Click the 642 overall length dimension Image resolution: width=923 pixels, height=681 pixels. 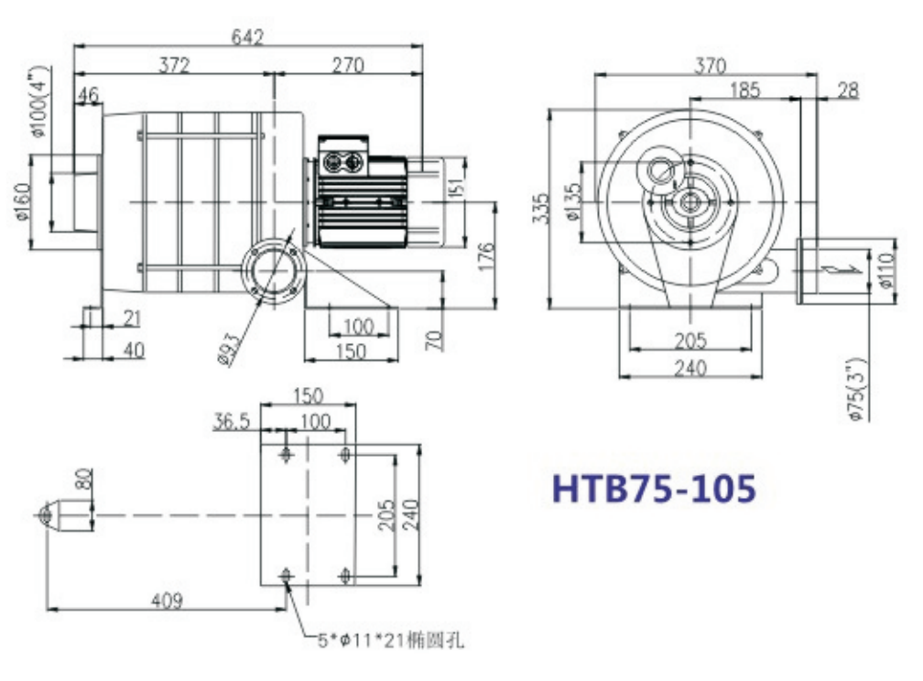[247, 37]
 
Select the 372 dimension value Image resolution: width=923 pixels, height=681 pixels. [175, 64]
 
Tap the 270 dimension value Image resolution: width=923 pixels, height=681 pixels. [348, 64]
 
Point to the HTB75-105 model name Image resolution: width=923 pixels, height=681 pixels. [654, 488]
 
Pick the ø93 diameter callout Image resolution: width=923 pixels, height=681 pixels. [228, 350]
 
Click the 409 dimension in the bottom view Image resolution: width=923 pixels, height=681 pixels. [168, 600]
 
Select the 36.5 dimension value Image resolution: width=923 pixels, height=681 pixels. [232, 421]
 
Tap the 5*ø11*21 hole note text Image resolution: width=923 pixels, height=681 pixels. [391, 640]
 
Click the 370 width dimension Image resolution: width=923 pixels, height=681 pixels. [710, 65]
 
